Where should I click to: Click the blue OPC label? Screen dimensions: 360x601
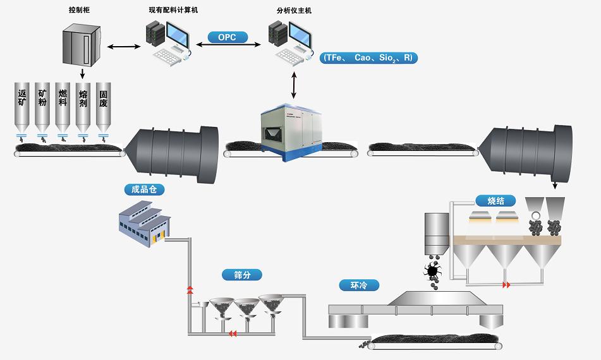[x=227, y=38]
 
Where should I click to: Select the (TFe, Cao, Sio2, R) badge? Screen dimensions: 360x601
[x=368, y=57]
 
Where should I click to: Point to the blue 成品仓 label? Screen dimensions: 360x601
[x=144, y=189]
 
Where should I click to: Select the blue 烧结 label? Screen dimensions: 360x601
[x=495, y=201]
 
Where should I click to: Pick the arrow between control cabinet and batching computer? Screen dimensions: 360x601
[x=124, y=45]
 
